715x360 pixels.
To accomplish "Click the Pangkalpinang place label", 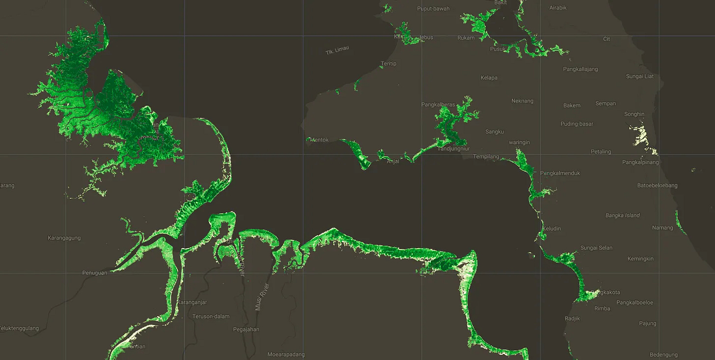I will pyautogui.click(x=640, y=162).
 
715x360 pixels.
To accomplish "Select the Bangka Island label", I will pyautogui.click(x=622, y=215).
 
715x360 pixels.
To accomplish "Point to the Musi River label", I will pyautogui.click(x=259, y=297).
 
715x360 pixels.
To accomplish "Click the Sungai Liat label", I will pyautogui.click(x=639, y=76).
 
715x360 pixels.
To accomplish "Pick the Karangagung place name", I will pyautogui.click(x=64, y=238).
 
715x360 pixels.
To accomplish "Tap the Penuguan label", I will pyautogui.click(x=94, y=273).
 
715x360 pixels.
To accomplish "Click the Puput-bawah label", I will pyautogui.click(x=434, y=8).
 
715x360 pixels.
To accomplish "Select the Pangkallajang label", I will pyautogui.click(x=580, y=69).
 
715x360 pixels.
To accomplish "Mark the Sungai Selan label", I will pyautogui.click(x=596, y=248).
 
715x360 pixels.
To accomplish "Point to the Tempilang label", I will pyautogui.click(x=486, y=157).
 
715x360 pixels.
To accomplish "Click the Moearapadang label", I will pyautogui.click(x=286, y=355).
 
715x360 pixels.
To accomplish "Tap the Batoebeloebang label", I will pyautogui.click(x=657, y=186).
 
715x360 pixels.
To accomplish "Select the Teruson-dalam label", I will pyautogui.click(x=211, y=316).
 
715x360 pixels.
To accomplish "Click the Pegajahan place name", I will pyautogui.click(x=246, y=330).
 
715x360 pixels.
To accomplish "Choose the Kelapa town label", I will pyautogui.click(x=489, y=78).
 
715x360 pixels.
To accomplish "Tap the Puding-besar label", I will pyautogui.click(x=577, y=124).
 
